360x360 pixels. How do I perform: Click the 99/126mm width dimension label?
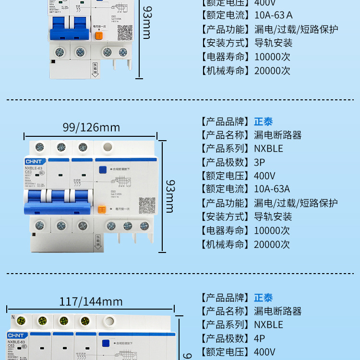tap(91, 128)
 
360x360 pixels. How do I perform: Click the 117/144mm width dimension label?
tap(91, 302)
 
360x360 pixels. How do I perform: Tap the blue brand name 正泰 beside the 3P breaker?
tap(263, 121)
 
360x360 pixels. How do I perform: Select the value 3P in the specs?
tap(260, 162)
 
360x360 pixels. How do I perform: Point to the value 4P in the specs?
tap(260, 338)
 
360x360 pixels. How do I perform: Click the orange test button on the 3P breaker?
tap(102, 209)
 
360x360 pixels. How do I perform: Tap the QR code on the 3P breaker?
tap(147, 205)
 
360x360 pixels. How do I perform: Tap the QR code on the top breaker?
tap(125, 32)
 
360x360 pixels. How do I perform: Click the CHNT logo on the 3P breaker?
tap(34, 162)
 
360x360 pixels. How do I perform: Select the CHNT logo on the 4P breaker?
tap(16, 335)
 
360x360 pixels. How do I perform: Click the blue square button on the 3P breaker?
tap(102, 169)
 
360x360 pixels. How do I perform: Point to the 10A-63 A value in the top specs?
tap(273, 15)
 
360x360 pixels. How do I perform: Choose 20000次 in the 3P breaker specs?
tap(272, 244)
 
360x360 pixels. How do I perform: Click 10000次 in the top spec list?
tap(272, 57)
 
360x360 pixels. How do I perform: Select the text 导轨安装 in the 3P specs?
tap(273, 217)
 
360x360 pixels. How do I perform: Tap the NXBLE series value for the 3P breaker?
tap(268, 149)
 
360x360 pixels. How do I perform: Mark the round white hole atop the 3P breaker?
tap(108, 146)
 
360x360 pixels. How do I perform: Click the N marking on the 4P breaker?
tap(13, 317)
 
